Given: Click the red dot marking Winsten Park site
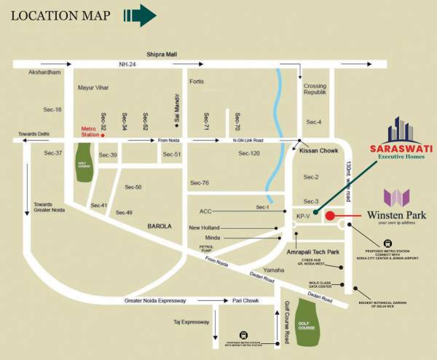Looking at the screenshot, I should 329,216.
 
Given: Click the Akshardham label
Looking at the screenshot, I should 43,73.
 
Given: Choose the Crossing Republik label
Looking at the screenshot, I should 314,90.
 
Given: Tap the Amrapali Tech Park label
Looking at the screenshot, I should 314,251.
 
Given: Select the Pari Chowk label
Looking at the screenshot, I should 246,300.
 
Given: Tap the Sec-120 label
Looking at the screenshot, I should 249,154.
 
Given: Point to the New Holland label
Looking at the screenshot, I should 205,227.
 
